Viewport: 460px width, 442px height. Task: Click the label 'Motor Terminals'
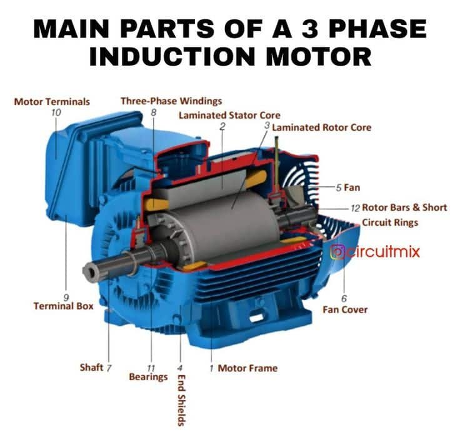52,101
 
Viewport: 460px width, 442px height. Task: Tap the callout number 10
56,112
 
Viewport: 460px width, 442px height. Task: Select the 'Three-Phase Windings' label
171,101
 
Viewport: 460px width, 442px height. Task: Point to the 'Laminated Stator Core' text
229,115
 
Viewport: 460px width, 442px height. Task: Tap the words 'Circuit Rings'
390,222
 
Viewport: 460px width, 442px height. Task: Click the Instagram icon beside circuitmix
337,253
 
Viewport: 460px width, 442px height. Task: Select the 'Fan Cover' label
345,309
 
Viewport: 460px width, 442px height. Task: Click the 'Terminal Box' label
63,306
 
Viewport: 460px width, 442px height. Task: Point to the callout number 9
66,296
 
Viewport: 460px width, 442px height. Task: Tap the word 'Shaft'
91,367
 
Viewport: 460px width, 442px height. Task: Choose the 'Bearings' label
148,377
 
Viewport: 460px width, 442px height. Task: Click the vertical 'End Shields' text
181,399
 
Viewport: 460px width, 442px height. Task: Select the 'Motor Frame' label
247,368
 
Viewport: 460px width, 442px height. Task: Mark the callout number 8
154,112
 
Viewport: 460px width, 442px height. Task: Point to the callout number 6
344,298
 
